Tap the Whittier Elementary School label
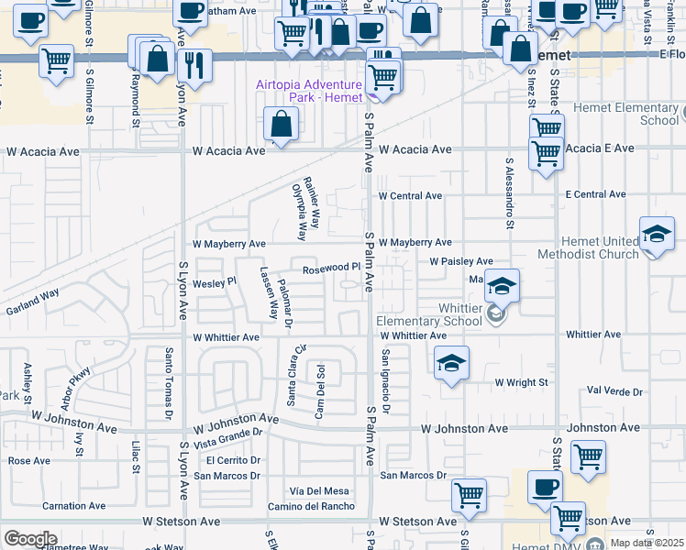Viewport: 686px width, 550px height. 428,314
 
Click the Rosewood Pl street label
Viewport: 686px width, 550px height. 331,268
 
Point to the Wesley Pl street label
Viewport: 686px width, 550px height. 208,283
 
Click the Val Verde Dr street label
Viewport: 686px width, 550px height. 615,391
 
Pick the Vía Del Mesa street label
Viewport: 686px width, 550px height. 319,491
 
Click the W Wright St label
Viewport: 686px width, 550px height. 521,381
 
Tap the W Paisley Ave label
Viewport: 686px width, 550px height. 462,261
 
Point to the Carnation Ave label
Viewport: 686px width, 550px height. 76,506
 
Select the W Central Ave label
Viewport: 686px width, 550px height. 410,195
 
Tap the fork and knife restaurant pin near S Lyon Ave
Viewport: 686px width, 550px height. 193,63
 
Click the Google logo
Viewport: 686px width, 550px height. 30,539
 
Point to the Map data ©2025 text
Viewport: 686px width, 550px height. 647,543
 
